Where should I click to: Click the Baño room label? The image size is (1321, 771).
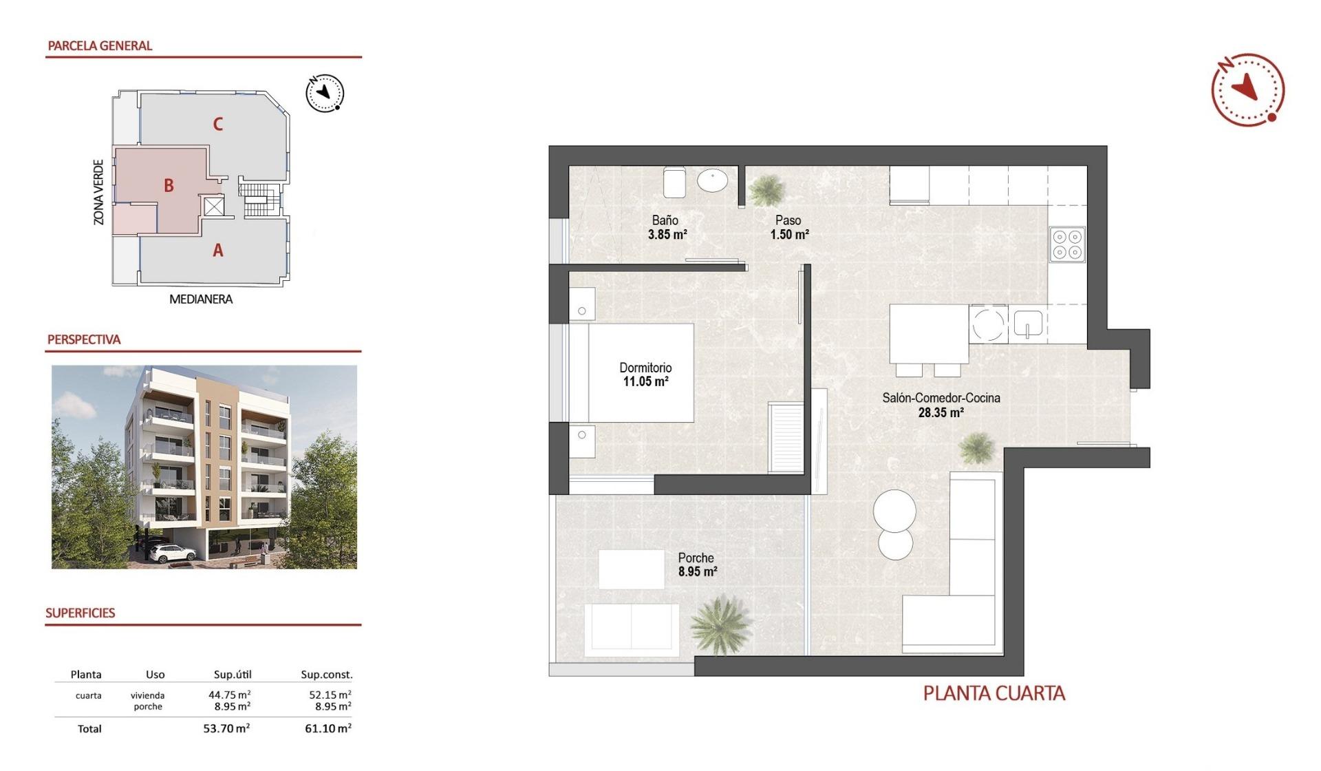[665, 220]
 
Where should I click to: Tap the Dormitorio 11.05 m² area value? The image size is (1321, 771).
[645, 381]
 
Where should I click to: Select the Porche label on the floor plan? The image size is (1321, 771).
[696, 558]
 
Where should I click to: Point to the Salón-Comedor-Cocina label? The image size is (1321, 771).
[941, 398]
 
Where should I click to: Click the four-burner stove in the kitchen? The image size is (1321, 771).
[1067, 244]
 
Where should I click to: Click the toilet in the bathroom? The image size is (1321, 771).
[674, 182]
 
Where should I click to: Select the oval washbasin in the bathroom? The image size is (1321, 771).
[712, 181]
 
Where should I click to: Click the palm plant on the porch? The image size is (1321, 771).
[720, 623]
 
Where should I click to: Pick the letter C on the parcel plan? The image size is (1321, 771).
[217, 124]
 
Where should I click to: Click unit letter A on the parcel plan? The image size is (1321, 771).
[217, 251]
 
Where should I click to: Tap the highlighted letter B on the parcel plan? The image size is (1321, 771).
[169, 185]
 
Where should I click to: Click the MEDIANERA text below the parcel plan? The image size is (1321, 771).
[201, 299]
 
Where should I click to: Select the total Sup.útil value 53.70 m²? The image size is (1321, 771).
[226, 728]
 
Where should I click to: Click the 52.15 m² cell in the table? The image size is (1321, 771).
[330, 695]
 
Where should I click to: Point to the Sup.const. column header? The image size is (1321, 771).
[326, 675]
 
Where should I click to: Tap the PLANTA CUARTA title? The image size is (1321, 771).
[994, 693]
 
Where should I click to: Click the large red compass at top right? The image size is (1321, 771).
[1247, 89]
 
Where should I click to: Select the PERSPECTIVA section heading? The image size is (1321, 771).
[84, 339]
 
